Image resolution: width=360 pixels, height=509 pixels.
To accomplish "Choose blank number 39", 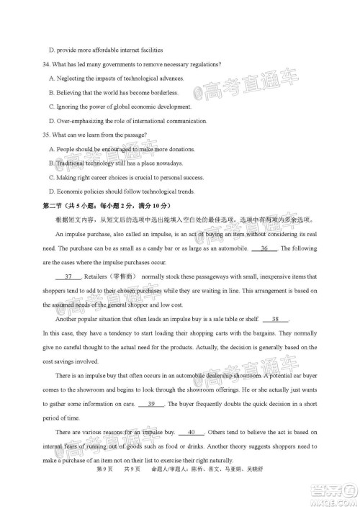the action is point(151,403).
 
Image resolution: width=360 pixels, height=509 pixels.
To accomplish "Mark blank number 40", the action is point(191,432).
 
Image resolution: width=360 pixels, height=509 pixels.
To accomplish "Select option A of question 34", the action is point(52,78).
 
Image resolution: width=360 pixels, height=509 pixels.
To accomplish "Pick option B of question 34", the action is point(52,93).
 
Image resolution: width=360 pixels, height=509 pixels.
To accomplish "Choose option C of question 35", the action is point(52,177).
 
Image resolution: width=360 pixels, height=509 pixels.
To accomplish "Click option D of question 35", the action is point(52,192).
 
